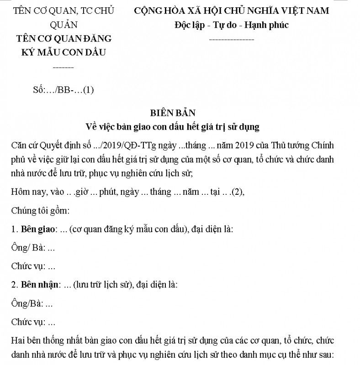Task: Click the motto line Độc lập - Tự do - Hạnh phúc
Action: [231, 25]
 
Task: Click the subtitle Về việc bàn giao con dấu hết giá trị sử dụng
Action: [180, 127]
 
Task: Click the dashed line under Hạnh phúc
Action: [231, 40]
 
